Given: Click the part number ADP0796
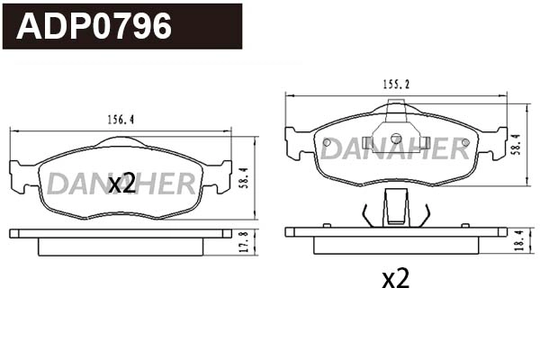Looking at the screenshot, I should (x=94, y=26).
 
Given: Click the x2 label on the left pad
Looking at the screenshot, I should (x=121, y=184).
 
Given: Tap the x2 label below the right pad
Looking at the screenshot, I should (x=395, y=279).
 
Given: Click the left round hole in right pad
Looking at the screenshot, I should (x=325, y=141).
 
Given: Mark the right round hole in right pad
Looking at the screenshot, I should (x=464, y=141).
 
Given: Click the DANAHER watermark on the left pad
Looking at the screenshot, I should (x=121, y=184).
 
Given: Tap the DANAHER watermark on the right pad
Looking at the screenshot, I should (x=395, y=148).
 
